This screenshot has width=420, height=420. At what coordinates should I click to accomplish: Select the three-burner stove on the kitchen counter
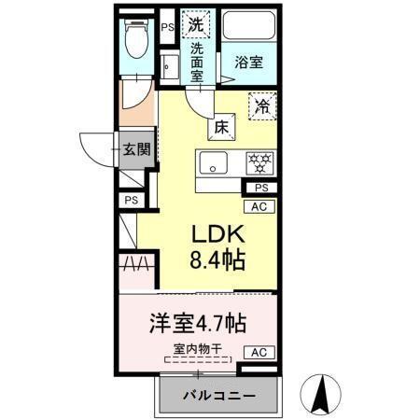point(259,162)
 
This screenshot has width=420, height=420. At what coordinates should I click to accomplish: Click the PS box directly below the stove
point(260,188)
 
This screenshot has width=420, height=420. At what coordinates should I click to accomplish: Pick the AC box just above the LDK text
point(260,206)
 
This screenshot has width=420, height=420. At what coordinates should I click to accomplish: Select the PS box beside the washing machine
point(167,28)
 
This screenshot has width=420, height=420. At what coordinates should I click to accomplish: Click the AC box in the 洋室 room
point(260,352)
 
